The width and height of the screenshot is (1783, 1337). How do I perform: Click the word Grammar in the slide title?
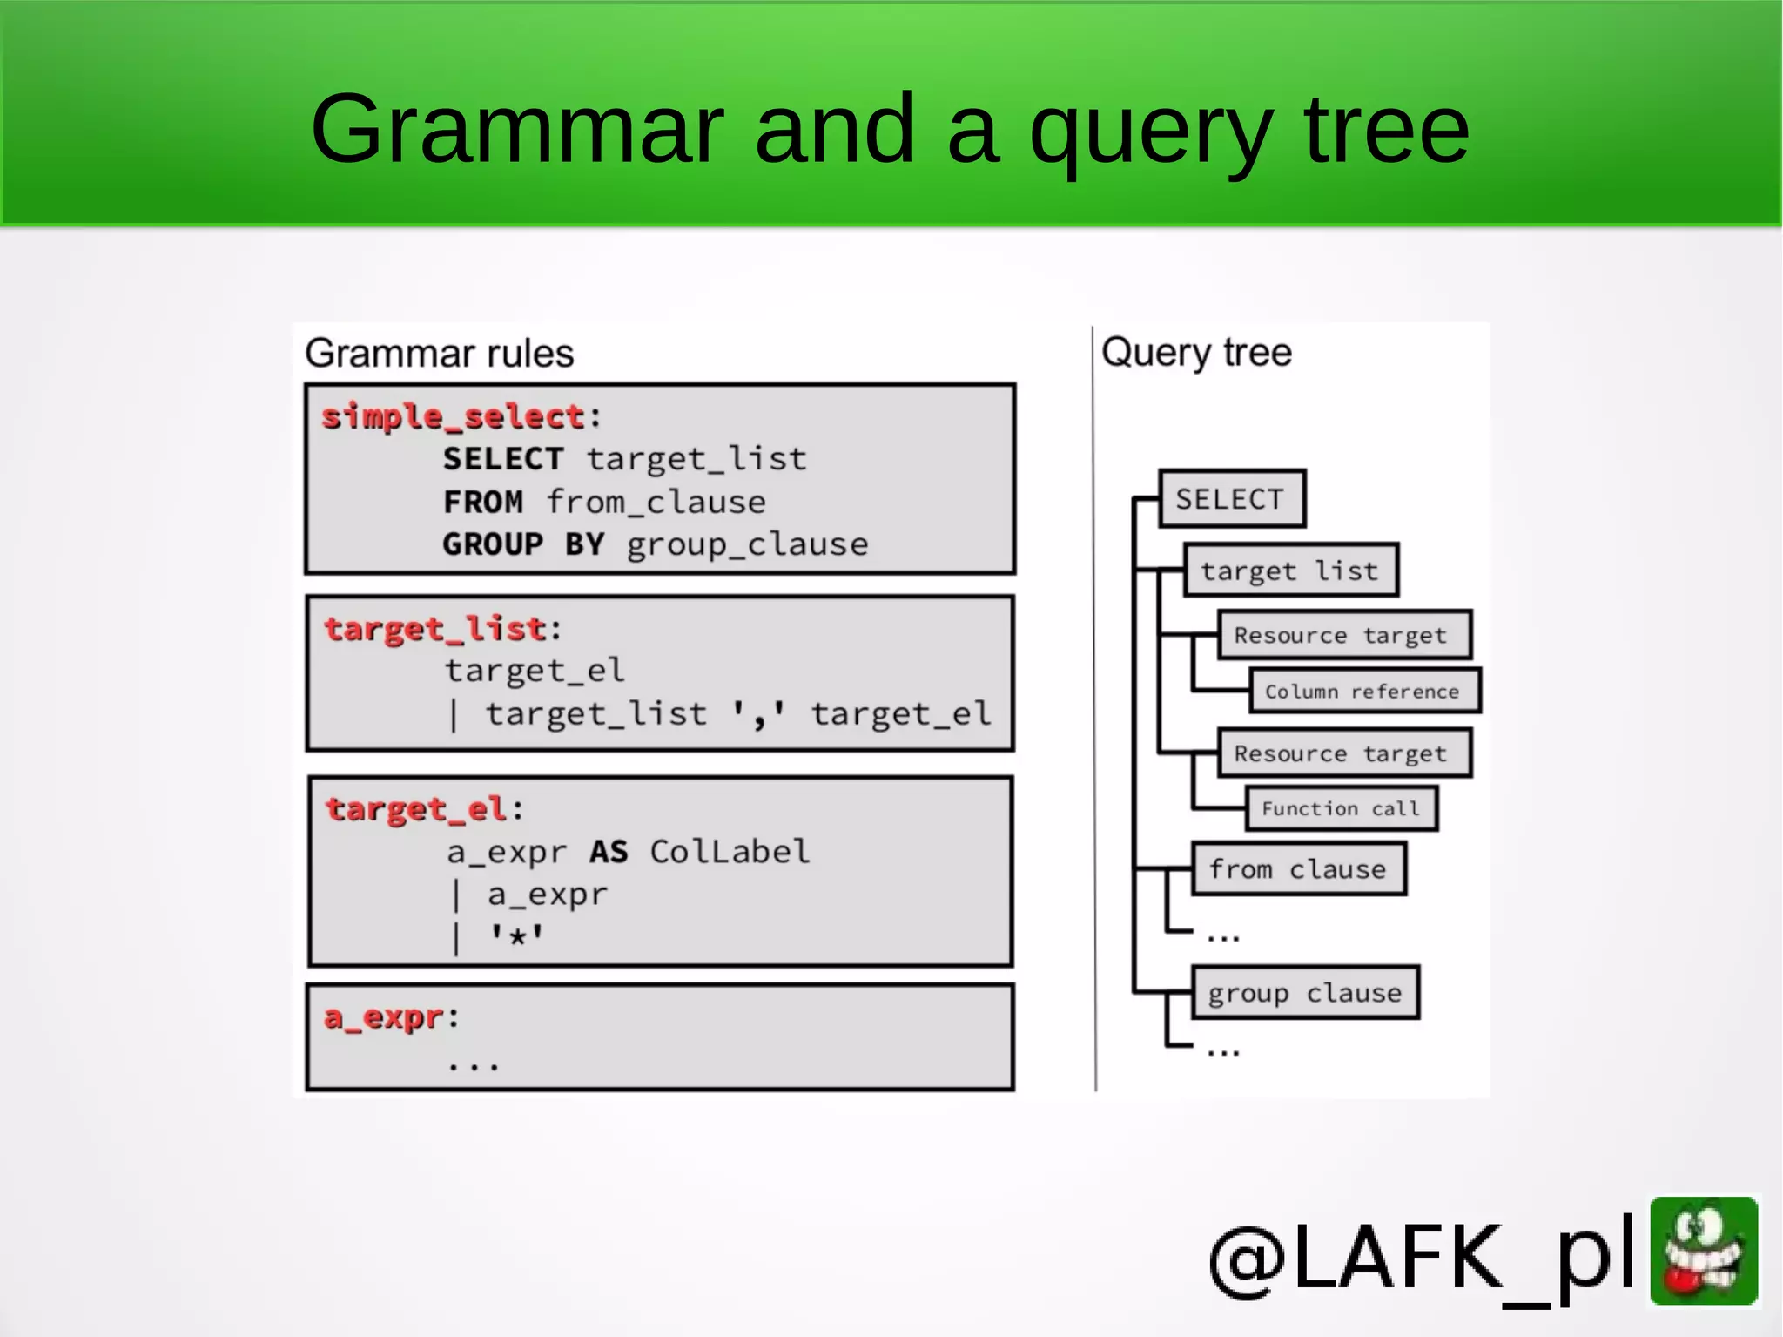(x=517, y=131)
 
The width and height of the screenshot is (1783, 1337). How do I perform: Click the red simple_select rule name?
(x=453, y=416)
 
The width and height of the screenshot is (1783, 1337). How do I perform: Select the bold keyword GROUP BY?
(x=523, y=544)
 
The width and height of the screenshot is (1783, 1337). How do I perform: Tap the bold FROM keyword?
(x=483, y=502)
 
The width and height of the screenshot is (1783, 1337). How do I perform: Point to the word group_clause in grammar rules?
(x=747, y=544)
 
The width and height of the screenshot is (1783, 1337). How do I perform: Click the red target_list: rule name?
(x=435, y=628)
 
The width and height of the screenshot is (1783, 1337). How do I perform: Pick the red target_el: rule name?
(x=416, y=809)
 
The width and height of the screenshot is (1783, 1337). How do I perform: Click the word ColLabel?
(x=730, y=851)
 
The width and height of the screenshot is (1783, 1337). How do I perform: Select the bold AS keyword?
(x=608, y=851)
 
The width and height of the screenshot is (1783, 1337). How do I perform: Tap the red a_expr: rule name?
(x=383, y=1016)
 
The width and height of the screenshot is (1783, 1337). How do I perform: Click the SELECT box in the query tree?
(x=1231, y=499)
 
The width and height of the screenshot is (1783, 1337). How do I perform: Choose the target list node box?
(x=1290, y=571)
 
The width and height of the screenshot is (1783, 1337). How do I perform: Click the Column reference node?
(x=1362, y=692)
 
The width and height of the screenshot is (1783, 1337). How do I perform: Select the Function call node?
(x=1341, y=809)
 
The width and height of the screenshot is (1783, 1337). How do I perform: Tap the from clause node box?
(x=1297, y=869)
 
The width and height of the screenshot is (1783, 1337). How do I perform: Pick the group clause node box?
(x=1305, y=993)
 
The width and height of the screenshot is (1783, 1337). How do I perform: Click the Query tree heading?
(x=1196, y=353)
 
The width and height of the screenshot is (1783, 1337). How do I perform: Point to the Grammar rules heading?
(x=440, y=354)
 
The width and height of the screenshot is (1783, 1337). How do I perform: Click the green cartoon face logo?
(x=1704, y=1251)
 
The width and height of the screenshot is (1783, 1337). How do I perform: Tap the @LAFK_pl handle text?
(x=1422, y=1257)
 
